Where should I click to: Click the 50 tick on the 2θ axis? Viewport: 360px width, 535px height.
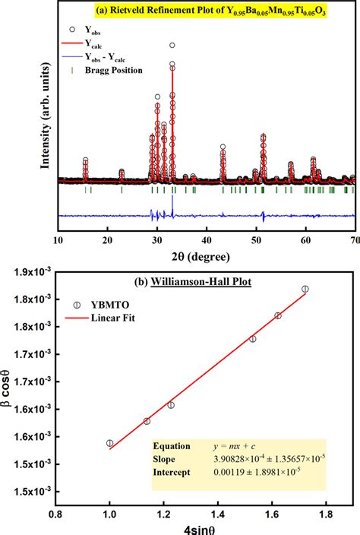point(256,239)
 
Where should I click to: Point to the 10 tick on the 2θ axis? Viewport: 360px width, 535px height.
point(58,239)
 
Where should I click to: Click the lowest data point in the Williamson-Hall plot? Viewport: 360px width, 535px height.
point(110,443)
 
